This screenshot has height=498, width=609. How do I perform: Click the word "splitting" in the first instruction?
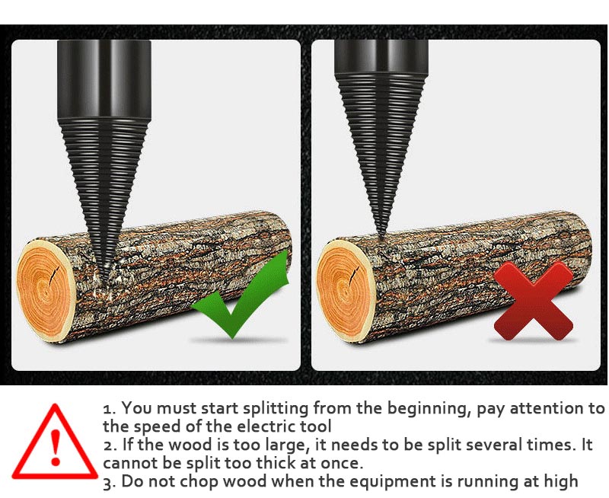[271, 408]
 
